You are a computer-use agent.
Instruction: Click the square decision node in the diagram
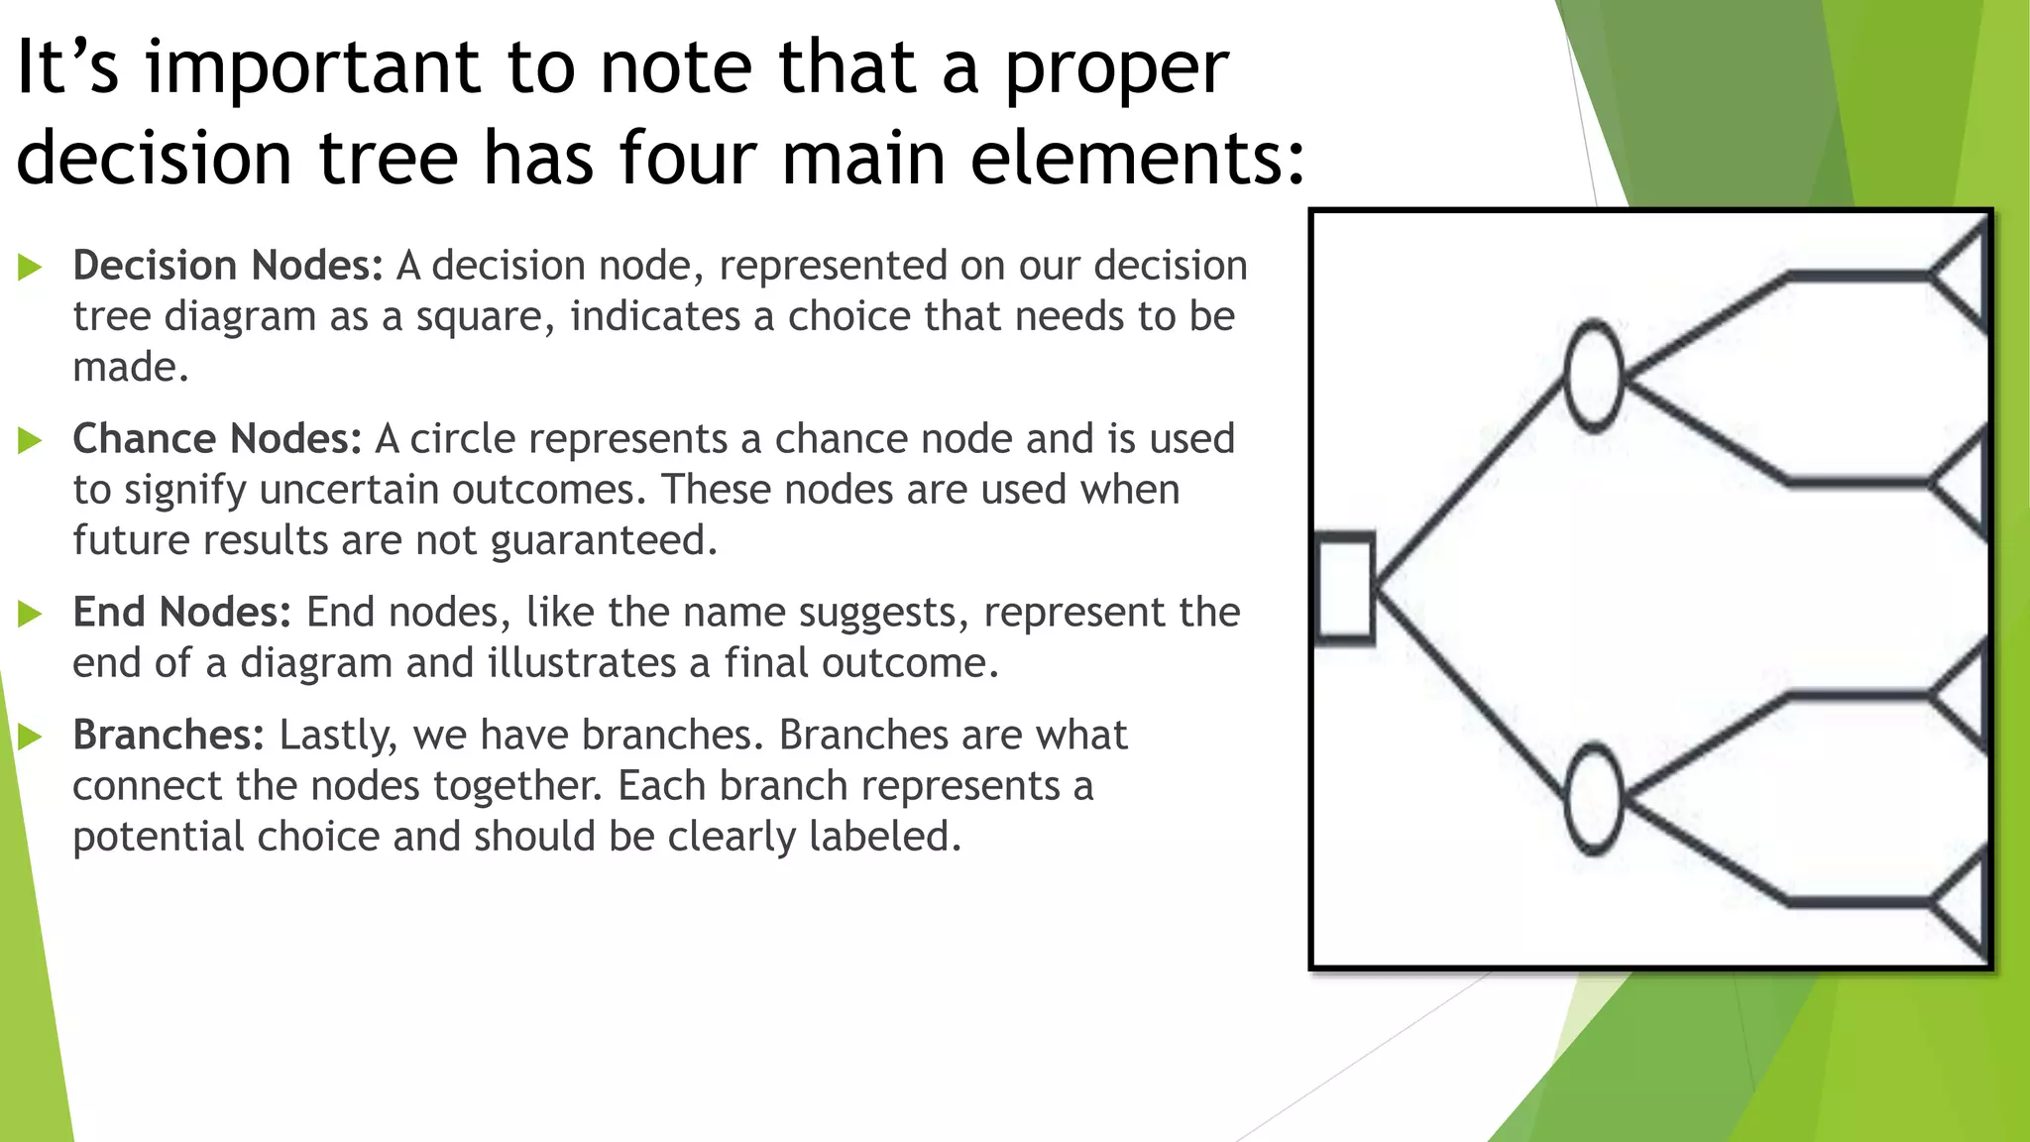pos(1345,588)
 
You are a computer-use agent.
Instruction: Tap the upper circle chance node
pos(1593,376)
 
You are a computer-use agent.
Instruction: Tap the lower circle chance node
pos(1593,799)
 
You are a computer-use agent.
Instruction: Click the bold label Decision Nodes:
pos(228,266)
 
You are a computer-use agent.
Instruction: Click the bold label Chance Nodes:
pos(217,439)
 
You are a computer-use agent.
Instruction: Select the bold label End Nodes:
pos(181,613)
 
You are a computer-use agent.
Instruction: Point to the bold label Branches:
pos(169,736)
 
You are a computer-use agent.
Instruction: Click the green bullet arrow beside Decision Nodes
pos(30,267)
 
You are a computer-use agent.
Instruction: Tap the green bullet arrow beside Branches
pos(30,737)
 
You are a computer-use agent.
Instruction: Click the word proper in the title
pos(1116,69)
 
